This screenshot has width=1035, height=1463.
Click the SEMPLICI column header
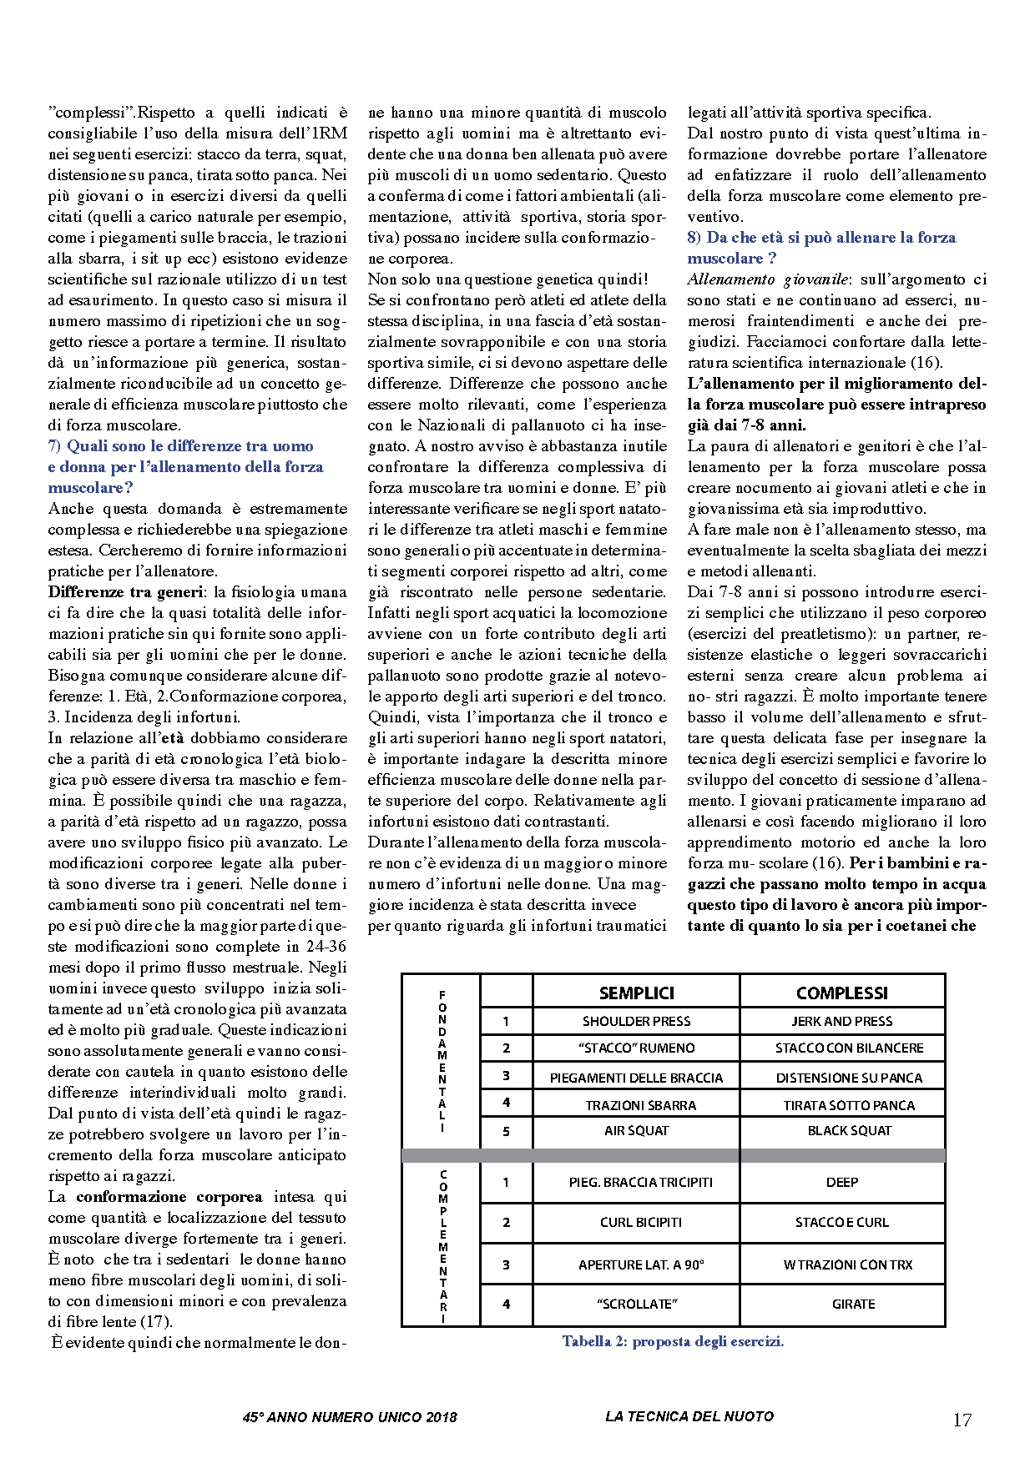636,993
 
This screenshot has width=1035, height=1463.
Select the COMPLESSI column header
841,993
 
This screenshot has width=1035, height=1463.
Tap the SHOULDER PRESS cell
636,1021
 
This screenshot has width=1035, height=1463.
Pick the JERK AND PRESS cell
841,1021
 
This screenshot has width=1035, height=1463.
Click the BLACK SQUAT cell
849,1131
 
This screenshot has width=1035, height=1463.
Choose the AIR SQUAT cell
636,1131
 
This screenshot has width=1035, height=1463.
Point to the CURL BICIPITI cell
640,1222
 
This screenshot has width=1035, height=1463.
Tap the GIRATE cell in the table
853,1304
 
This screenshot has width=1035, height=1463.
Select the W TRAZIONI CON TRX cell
847,1264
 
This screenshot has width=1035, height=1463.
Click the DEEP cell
841,1182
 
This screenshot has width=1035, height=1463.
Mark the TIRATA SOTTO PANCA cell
848,1105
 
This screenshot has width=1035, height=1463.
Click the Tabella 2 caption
673,1342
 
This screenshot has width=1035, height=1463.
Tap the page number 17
962,1420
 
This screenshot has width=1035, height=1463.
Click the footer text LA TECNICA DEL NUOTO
689,1416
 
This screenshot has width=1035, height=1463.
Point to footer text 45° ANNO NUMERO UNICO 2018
350,1417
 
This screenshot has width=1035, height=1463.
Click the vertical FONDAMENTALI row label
442,1061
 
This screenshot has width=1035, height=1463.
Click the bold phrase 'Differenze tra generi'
125,592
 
